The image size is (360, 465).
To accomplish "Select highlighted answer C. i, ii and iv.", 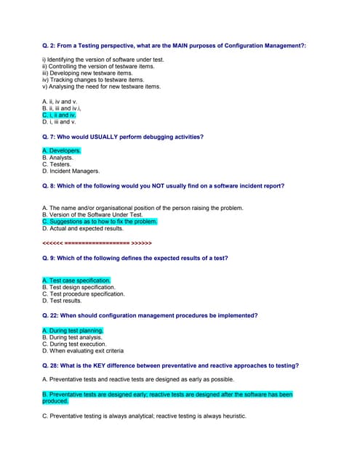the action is click(x=59, y=115).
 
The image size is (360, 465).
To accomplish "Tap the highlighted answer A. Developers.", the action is click(x=62, y=150).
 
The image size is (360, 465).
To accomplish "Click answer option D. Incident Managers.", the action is click(x=71, y=171).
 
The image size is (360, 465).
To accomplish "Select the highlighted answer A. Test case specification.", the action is click(x=76, y=280).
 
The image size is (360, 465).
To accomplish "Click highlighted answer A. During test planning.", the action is click(x=73, y=331).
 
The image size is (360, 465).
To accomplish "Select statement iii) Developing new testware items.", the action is click(x=87, y=73).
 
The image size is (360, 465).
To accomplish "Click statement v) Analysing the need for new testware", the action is click(x=101, y=86).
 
